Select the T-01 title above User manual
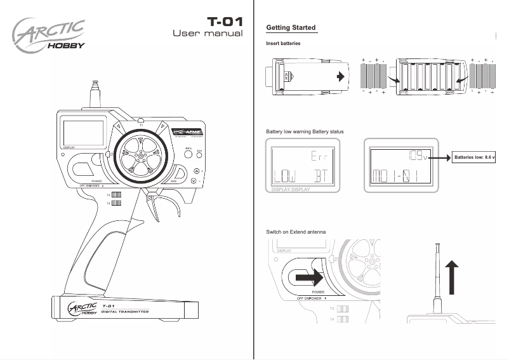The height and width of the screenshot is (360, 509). [x=225, y=21]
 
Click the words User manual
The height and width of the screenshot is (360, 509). [x=208, y=33]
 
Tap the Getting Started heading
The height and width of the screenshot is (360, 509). [x=291, y=28]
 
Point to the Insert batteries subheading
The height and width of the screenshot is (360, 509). [x=283, y=44]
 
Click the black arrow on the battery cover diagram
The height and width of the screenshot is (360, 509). [x=341, y=76]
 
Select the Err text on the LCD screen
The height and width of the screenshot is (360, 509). [x=321, y=156]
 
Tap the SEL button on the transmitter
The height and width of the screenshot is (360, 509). [x=188, y=153]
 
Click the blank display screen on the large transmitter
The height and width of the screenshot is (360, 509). [x=83, y=132]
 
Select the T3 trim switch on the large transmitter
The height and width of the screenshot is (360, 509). [x=116, y=194]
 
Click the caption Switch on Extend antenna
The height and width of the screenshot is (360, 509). [x=296, y=232]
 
